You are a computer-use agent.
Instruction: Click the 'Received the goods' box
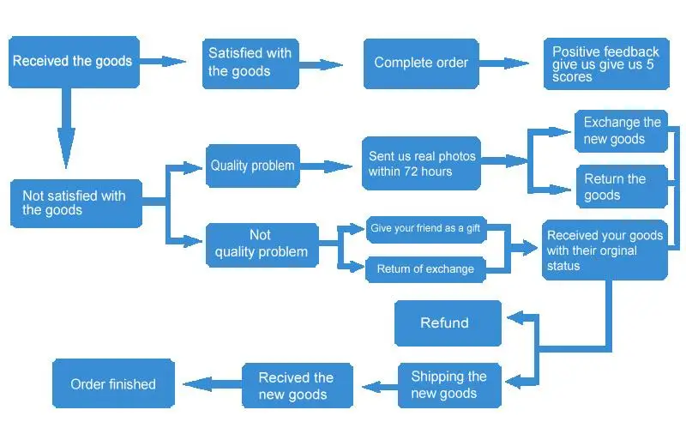click(74, 62)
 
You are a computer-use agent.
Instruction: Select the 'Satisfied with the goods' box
click(250, 63)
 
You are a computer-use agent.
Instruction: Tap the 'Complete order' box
click(422, 63)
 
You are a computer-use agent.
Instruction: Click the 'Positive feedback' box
click(605, 64)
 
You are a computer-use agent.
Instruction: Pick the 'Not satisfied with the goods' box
click(75, 203)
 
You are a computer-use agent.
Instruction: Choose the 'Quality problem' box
click(253, 166)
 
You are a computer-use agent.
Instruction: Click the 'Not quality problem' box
click(262, 244)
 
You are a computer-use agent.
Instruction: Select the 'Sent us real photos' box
click(422, 164)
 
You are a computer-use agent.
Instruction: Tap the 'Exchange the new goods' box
click(622, 131)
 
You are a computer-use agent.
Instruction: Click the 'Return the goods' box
click(621, 187)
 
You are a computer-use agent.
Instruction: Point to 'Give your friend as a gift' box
click(425, 229)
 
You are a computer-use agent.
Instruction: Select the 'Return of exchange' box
click(425, 269)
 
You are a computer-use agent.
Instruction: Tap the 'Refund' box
click(448, 323)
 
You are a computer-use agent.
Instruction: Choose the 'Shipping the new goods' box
click(449, 385)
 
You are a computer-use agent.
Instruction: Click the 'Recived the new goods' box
click(296, 386)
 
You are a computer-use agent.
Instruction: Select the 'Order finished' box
click(113, 384)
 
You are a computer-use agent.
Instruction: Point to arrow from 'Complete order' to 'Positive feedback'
click(505, 63)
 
